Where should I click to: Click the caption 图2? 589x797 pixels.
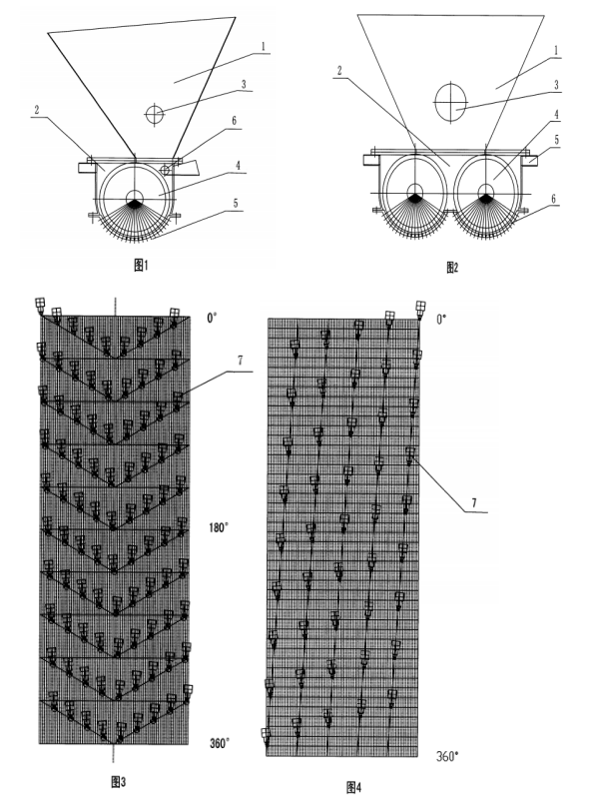[452, 268]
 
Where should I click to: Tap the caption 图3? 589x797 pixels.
[119, 782]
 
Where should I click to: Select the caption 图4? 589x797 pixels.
[353, 787]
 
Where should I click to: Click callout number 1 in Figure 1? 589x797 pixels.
[264, 46]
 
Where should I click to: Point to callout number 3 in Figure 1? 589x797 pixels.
[244, 84]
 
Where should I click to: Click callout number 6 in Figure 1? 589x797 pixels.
[235, 121]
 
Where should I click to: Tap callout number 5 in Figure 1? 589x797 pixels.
[236, 204]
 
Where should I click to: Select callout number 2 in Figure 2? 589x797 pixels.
[339, 71]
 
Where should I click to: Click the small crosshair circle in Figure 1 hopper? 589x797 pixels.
[155, 113]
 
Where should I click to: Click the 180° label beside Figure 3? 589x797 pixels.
[219, 527]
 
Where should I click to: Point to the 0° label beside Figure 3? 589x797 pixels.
[212, 319]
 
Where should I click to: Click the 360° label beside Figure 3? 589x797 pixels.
[219, 743]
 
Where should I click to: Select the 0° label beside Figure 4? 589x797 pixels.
[441, 320]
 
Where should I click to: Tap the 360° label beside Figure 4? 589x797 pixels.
[447, 756]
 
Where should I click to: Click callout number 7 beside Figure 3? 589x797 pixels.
[240, 361]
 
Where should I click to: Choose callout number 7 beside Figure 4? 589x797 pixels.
[474, 503]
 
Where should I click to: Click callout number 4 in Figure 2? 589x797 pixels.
[556, 115]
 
